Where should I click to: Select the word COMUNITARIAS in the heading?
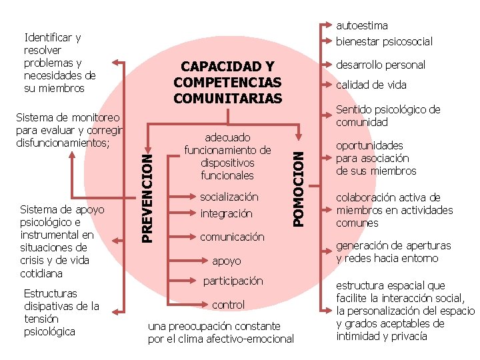point(227,98)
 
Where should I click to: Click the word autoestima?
point(362,25)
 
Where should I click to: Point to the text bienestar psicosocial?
point(384,41)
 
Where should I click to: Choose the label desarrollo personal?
point(381,65)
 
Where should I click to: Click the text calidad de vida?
point(371,85)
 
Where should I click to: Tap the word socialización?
point(229,197)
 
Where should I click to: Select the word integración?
point(227,214)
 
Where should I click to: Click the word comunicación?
point(232,237)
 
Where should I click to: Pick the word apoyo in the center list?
point(227,261)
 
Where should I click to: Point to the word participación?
point(233,281)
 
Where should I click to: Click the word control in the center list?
point(228,305)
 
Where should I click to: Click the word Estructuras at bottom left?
point(50,293)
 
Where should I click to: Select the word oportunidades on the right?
point(369,145)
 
